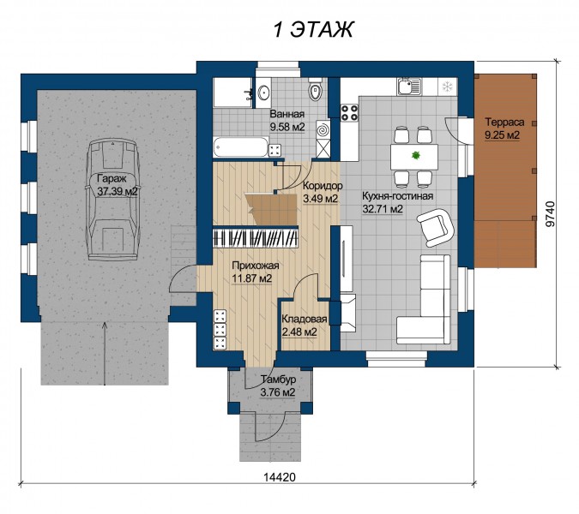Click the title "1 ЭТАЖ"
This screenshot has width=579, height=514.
[313, 29]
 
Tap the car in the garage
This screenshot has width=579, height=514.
[112, 200]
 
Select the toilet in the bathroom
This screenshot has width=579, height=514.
[315, 91]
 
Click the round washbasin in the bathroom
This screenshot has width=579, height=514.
[263, 92]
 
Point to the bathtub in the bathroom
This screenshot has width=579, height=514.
[240, 146]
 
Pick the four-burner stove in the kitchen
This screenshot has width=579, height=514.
[349, 112]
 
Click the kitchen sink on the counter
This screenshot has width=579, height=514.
[409, 87]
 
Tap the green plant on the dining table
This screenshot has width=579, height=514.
[416, 156]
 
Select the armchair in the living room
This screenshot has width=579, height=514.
[435, 226]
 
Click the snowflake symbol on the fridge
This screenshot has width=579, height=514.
[448, 87]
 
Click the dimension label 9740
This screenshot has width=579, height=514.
[550, 213]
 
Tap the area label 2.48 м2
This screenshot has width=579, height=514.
[299, 332]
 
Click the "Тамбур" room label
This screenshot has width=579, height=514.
[279, 379]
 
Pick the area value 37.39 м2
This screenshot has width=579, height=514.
[118, 191]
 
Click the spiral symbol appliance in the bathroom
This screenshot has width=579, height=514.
[323, 130]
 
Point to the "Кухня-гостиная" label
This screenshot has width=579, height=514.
[397, 196]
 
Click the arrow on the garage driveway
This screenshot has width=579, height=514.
[106, 353]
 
